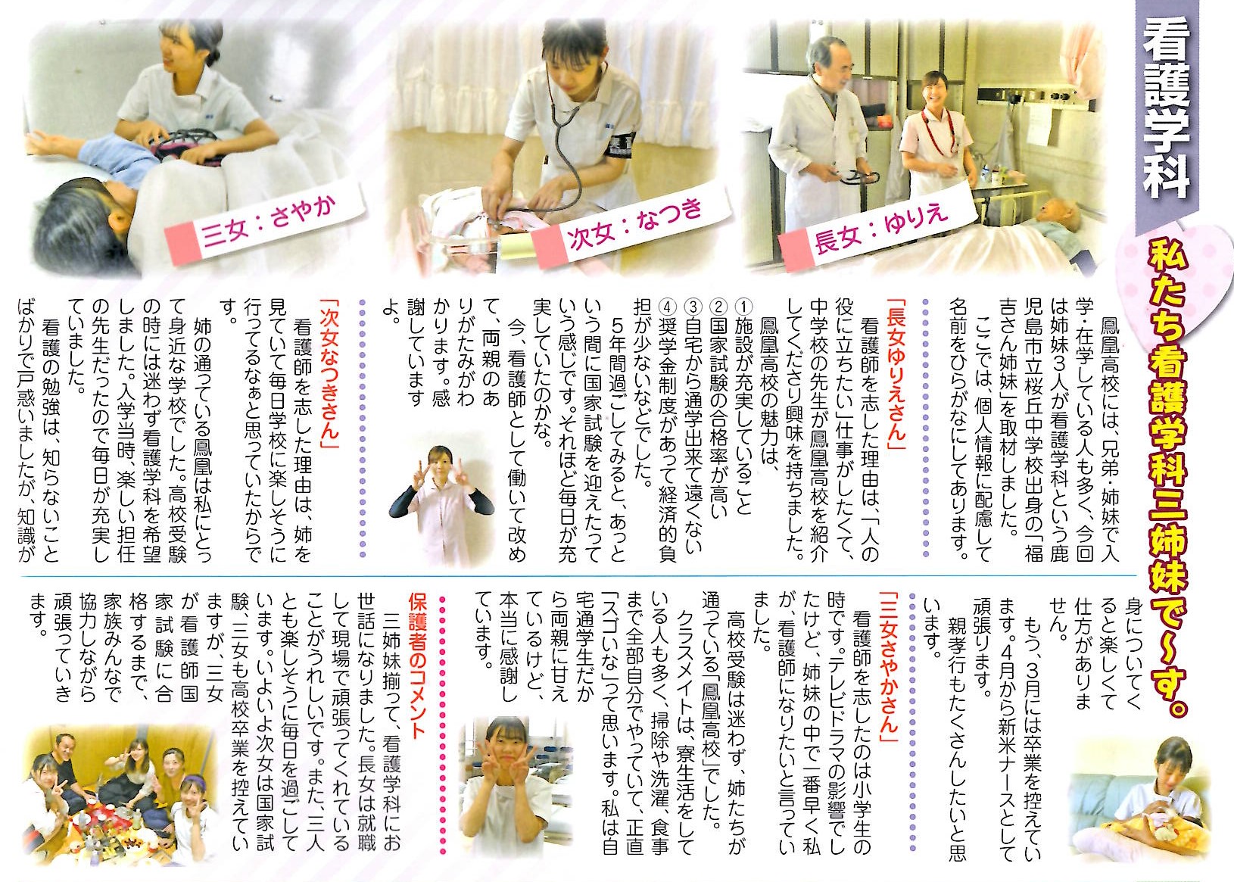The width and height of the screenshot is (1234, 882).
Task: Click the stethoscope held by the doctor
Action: coord(855,177)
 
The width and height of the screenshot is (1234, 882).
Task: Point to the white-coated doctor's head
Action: coord(827,61)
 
